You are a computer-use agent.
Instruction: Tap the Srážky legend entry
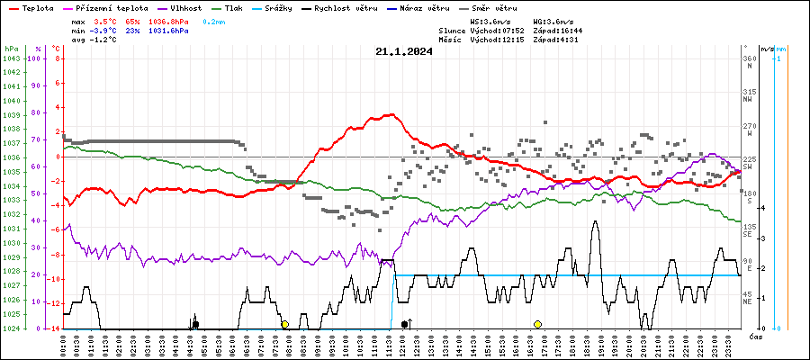[x=278, y=6]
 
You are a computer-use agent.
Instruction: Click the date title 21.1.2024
[x=404, y=51]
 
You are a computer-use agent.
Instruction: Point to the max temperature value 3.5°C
[x=106, y=19]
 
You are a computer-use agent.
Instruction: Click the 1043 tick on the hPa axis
[x=12, y=58]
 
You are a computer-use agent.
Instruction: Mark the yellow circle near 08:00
[x=284, y=324]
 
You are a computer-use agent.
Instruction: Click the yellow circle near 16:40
[x=537, y=324]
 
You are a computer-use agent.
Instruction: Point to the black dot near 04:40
[x=195, y=324]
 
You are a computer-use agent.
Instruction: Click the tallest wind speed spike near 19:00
[x=595, y=221]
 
